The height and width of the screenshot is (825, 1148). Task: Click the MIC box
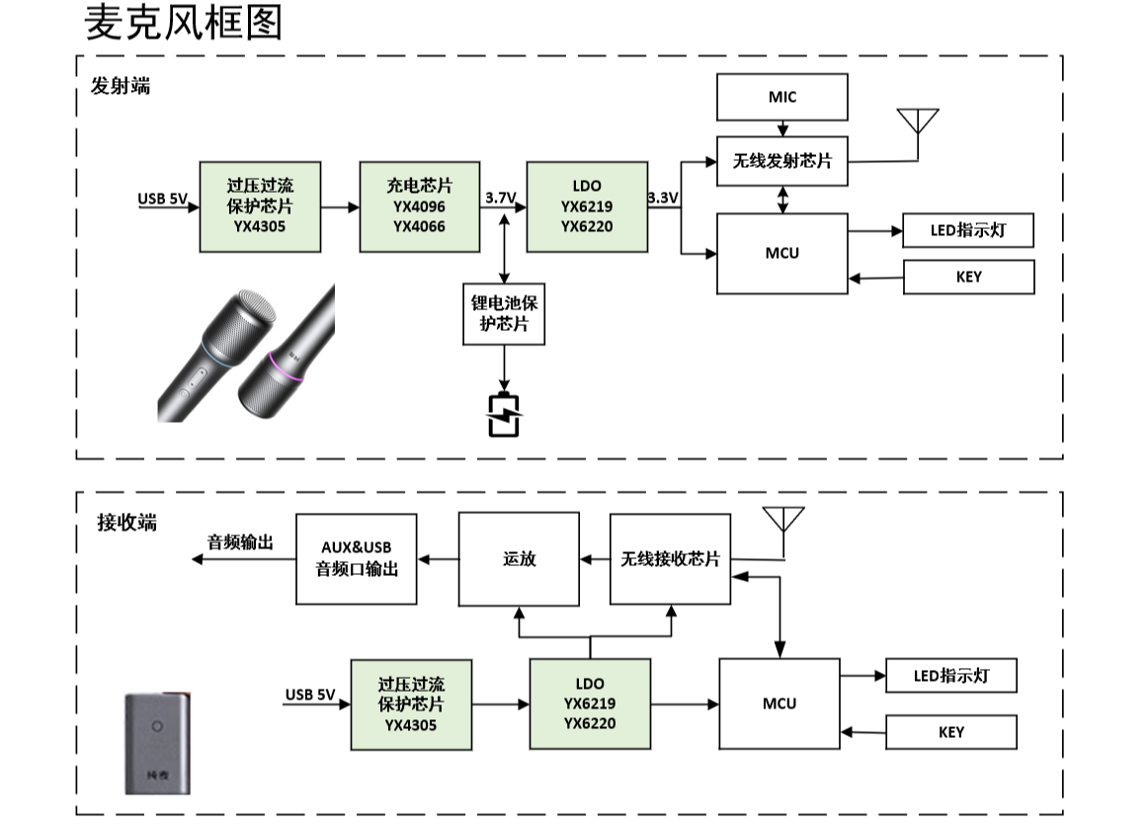click(781, 97)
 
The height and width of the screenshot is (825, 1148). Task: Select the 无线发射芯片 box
click(781, 160)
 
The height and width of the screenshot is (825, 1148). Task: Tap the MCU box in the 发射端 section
click(781, 253)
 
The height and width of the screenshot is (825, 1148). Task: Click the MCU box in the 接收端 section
click(779, 703)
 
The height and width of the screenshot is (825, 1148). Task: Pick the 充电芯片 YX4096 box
click(419, 206)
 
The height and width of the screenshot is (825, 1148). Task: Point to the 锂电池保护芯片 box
click(504, 313)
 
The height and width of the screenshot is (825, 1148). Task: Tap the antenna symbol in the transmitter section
click(918, 124)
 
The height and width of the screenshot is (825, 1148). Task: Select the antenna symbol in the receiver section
click(783, 522)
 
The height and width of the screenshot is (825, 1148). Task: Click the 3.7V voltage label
click(501, 199)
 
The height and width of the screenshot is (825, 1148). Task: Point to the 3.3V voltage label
click(663, 199)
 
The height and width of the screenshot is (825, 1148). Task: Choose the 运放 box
click(520, 559)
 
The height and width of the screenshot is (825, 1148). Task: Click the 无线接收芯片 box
click(670, 559)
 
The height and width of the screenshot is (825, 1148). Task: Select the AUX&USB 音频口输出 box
click(357, 559)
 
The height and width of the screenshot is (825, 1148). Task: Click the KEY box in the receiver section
click(950, 732)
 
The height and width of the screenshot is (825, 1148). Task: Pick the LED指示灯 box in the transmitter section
click(968, 232)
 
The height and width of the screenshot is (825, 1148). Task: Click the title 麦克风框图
click(184, 24)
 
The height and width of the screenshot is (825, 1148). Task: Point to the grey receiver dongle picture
click(156, 743)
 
